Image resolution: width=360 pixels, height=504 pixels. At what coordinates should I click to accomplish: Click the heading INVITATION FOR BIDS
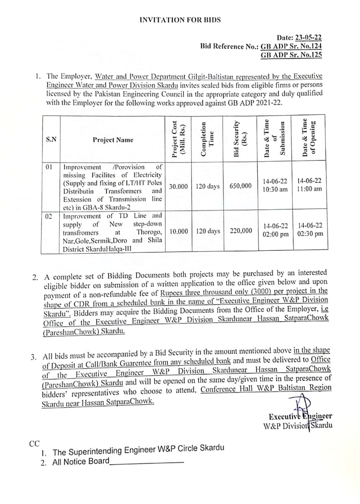[180, 20]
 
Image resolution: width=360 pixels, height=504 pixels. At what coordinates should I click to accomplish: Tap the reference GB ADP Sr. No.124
[291, 46]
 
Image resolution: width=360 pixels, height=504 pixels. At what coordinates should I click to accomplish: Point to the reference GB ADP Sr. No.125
[291, 55]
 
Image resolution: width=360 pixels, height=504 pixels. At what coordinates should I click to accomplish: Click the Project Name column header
[113, 140]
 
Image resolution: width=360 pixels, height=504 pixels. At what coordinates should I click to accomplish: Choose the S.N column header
[51, 140]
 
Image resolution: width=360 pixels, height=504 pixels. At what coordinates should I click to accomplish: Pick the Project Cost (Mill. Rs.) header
[179, 139]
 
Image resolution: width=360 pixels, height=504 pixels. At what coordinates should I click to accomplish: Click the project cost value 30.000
[178, 186]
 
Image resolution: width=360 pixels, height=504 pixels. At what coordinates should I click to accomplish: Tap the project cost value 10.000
[179, 231]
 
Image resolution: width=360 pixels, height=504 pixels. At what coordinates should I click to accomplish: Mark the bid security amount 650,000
[241, 186]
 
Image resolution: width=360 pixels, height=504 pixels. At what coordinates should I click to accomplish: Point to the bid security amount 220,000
[241, 231]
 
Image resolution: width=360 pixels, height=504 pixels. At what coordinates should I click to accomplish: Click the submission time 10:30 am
[275, 189]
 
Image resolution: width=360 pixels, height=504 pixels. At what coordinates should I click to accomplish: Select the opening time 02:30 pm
[310, 233]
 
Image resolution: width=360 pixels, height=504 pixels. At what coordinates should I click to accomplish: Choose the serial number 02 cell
[49, 216]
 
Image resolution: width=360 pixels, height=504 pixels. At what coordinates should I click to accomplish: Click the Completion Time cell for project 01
[207, 186]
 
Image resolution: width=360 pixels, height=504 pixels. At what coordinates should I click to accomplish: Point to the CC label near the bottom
[35, 443]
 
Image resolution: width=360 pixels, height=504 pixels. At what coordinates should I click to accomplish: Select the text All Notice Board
[81, 461]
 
